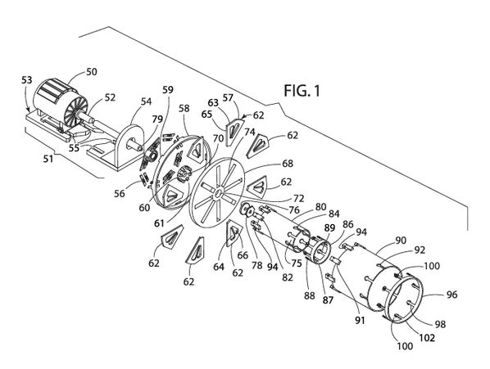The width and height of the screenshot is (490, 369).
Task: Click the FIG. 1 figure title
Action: pos(302,91)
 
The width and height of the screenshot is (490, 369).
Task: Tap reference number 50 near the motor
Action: pos(91,72)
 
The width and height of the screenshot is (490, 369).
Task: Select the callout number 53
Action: pos(27,80)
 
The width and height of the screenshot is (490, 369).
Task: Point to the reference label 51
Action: pos(48,159)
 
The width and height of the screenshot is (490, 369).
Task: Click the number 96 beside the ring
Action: pos(451,295)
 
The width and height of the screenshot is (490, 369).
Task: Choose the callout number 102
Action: pos(427,337)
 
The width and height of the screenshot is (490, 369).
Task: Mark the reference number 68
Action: pos(287,164)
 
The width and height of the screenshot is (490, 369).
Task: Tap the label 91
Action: pos(360,320)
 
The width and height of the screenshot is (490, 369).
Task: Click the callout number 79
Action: pos(157,119)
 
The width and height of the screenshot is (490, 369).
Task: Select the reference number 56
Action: pos(119,193)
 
